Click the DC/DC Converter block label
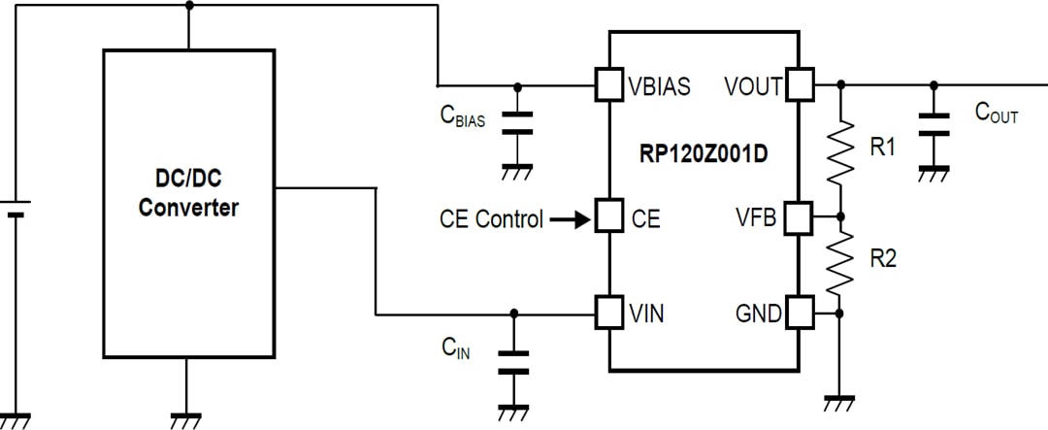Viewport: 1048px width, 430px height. point(188,193)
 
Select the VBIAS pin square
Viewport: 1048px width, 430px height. point(608,85)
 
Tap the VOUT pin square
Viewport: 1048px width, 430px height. point(800,85)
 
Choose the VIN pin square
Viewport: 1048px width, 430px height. point(608,313)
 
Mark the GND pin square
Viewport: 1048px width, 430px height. point(800,313)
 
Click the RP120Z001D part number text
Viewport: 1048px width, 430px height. point(704,152)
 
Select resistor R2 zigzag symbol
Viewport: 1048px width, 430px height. point(840,264)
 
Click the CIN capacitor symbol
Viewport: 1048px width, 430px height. point(514,361)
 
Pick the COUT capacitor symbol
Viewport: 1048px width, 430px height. point(933,123)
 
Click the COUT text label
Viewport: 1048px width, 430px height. point(996,113)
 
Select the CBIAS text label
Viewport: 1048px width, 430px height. point(462,116)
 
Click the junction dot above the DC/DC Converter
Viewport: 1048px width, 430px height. point(188,5)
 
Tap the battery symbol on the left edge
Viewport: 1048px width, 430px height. point(15,208)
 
